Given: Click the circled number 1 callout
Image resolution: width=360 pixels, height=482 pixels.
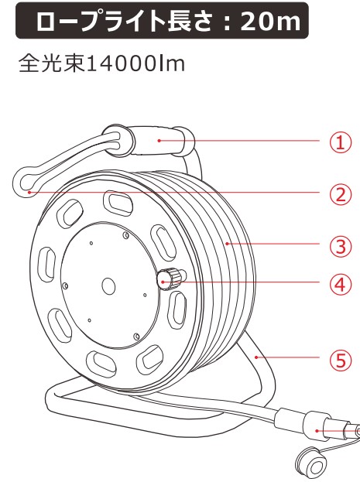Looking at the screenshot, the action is point(341,142).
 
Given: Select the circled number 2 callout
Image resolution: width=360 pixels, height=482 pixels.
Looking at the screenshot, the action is point(341,194).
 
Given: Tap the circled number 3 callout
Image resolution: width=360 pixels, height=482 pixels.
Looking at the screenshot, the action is point(341,246).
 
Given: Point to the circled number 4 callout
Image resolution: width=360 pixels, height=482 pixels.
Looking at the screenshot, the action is point(341,285).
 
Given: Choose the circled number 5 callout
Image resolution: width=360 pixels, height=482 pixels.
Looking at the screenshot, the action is point(341,360).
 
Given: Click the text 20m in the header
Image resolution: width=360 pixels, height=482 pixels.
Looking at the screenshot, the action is point(270,21).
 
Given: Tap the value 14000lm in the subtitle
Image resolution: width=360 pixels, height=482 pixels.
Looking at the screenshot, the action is point(136,64).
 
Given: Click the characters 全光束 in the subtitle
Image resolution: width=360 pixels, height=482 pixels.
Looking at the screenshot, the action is point(52,64).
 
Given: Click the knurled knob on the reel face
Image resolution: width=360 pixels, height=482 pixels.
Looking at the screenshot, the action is point(170,278).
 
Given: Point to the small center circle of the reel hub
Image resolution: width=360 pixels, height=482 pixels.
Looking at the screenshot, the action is point(108,286).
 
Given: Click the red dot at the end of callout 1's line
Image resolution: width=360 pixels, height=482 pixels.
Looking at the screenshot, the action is point(159,141).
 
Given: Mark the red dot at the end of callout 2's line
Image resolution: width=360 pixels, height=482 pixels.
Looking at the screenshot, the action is point(29,192).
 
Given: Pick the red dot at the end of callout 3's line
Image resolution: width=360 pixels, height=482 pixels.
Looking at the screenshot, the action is point(227,244).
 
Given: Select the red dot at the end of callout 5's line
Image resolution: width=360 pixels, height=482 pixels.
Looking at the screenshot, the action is point(256,357).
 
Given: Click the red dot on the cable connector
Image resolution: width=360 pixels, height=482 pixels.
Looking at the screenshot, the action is point(317,431).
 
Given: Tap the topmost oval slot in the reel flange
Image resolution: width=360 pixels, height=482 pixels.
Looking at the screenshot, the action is point(118,203).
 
